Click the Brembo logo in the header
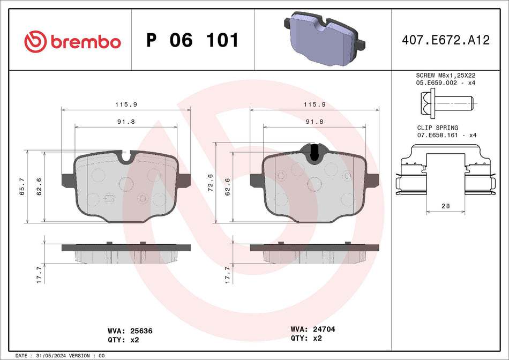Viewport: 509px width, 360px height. point(72,41)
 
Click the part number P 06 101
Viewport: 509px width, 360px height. point(192,41)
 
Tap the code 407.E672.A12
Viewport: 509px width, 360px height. point(446,40)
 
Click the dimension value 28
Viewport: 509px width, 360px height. point(445,206)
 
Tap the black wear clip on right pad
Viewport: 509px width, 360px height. point(315,152)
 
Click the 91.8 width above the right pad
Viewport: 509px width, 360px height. point(314,122)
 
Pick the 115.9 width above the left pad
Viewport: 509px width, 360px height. point(126,104)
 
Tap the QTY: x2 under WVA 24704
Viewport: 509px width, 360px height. point(306,339)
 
